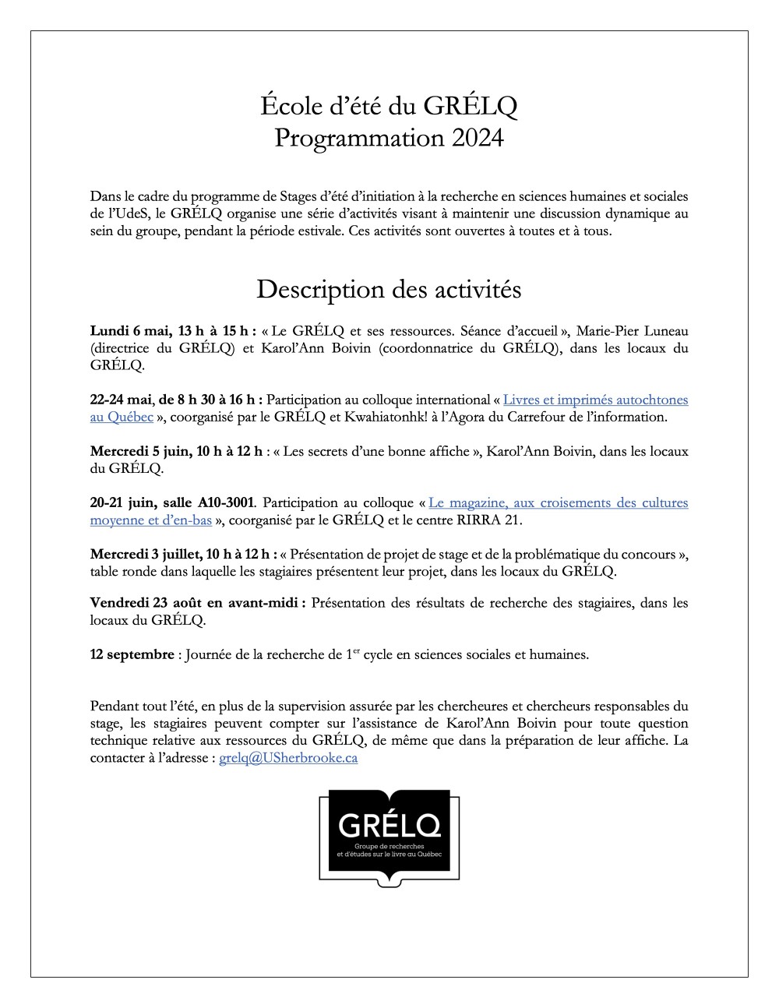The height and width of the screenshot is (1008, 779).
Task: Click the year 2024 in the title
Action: (x=477, y=138)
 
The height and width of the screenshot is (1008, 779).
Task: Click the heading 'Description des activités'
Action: (x=389, y=289)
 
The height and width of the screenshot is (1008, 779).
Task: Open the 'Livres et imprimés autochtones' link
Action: (x=595, y=400)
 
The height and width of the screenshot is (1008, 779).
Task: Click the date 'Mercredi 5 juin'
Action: (x=137, y=451)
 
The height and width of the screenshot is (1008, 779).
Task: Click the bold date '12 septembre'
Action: (x=132, y=654)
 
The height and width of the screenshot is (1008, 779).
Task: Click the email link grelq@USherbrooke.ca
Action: (x=288, y=758)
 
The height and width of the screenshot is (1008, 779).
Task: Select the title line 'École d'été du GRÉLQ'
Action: (x=389, y=105)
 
